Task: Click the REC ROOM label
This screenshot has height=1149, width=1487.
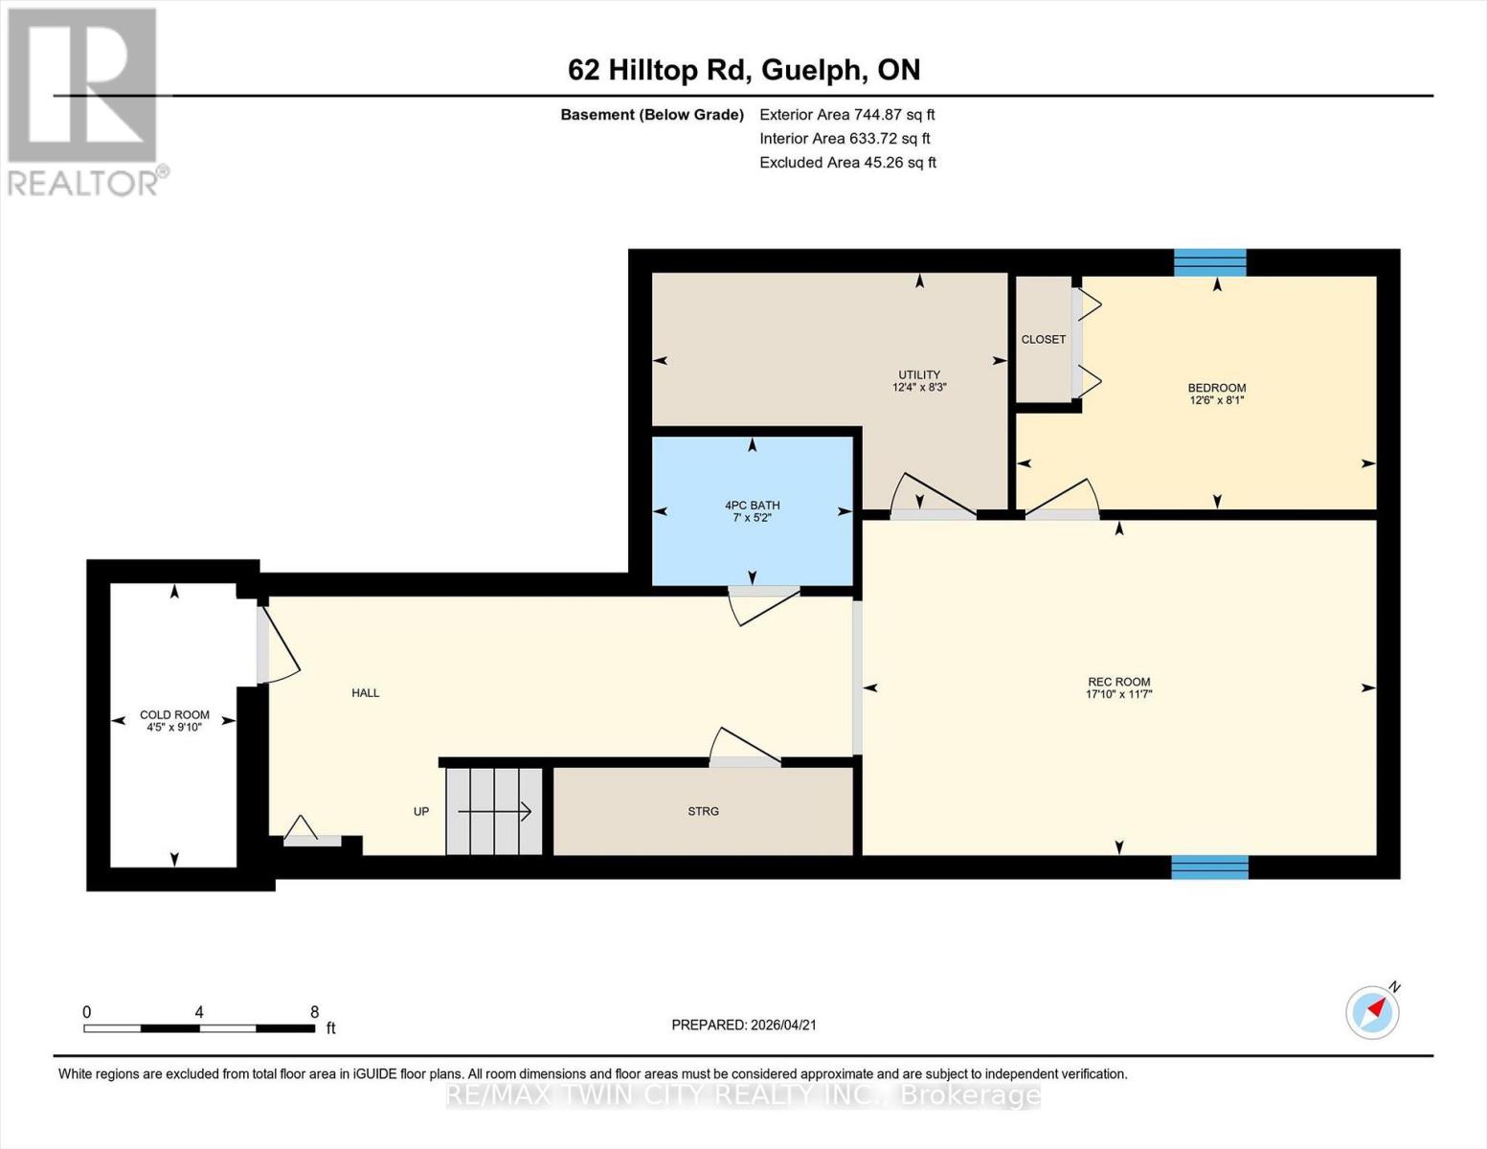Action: [x=1118, y=682]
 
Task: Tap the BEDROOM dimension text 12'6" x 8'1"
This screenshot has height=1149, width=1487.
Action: [x=1216, y=401]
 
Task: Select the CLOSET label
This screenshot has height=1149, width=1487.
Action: [x=1043, y=339]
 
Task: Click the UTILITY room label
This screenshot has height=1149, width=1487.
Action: [x=918, y=374]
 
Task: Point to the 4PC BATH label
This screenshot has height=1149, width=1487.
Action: [x=752, y=505]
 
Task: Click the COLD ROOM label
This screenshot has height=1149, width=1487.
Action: [x=173, y=714]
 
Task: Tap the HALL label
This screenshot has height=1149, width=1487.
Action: [x=365, y=692]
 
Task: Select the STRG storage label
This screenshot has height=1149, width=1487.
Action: [x=703, y=811]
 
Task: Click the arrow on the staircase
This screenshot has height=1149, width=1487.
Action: [x=494, y=811]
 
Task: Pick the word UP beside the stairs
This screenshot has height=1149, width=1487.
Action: [x=420, y=811]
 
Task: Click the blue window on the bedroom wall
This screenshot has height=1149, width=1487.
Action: [x=1209, y=261]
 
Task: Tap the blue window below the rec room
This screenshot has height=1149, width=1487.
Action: [x=1209, y=867]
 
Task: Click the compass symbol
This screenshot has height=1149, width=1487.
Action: [x=1372, y=1012]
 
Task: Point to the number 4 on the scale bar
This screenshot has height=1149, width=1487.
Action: [x=199, y=1012]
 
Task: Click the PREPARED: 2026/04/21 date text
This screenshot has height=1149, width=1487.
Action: [x=743, y=1025]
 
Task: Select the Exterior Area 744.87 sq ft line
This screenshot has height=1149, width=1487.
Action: [x=846, y=114]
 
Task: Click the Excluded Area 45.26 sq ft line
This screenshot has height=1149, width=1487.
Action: [x=847, y=162]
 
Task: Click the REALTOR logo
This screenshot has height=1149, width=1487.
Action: [x=85, y=101]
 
